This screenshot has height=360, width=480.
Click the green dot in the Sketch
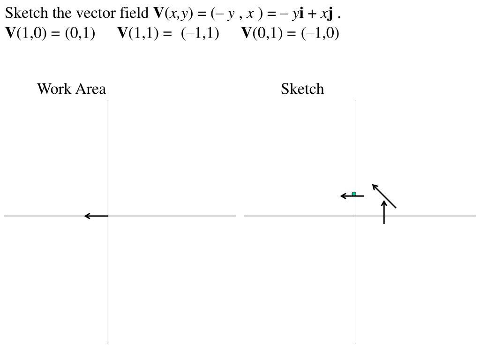click(354, 194)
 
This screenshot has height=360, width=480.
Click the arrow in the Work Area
click(96, 216)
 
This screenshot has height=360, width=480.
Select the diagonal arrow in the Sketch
click(384, 196)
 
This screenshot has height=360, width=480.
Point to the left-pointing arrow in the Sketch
click(352, 196)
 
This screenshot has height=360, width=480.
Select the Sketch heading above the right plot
click(302, 89)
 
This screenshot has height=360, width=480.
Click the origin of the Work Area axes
click(108, 216)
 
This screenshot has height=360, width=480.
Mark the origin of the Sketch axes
click(356, 216)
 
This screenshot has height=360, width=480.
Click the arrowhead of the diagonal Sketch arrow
click(375, 186)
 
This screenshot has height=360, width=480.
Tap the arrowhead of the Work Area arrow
click(87, 216)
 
